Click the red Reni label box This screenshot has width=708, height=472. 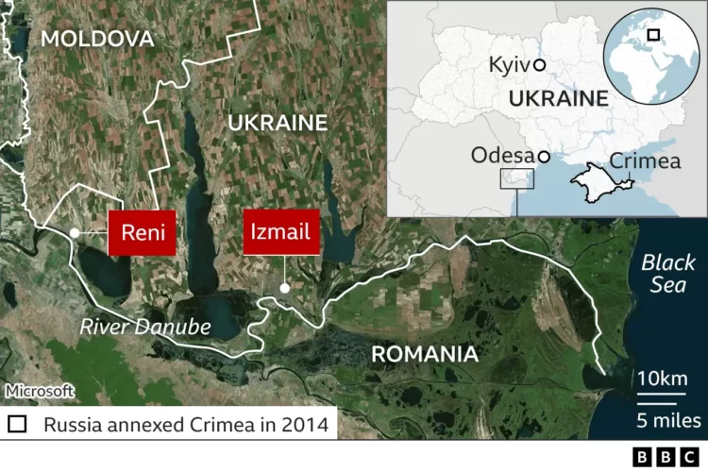pyautogui.click(x=142, y=232)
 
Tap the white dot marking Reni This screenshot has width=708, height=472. pyautogui.click(x=75, y=232)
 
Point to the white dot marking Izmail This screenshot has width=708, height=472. pyautogui.click(x=285, y=286)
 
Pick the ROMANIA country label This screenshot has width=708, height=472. pyautogui.click(x=424, y=355)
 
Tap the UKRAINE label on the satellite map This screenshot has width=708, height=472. pyautogui.click(x=278, y=122)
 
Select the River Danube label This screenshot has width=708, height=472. pyautogui.click(x=145, y=328)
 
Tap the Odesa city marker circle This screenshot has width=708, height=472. pyautogui.click(x=544, y=156)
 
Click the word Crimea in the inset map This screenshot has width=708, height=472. pyautogui.click(x=644, y=160)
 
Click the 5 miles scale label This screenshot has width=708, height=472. pyautogui.click(x=666, y=419)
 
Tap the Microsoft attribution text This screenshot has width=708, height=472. pyautogui.click(x=40, y=390)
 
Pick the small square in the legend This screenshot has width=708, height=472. pyautogui.click(x=17, y=425)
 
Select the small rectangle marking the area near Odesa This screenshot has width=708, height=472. pyautogui.click(x=516, y=177)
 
